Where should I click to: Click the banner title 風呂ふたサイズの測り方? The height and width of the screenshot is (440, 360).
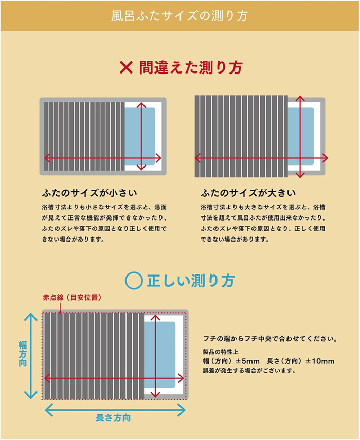pos(179,15)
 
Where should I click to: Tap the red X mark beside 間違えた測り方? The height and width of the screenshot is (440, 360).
pos(126,67)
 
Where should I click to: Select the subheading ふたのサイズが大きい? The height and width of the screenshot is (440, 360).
pos(248,194)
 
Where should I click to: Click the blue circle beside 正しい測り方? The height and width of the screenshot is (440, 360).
pos(134,280)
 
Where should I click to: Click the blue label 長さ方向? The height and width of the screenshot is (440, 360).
pos(113,418)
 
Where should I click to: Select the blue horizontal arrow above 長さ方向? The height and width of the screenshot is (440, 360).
pos(115,409)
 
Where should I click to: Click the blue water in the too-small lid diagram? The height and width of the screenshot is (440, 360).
pos(140,136)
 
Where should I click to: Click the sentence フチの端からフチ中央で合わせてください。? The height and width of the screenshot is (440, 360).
pos(271,339)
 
